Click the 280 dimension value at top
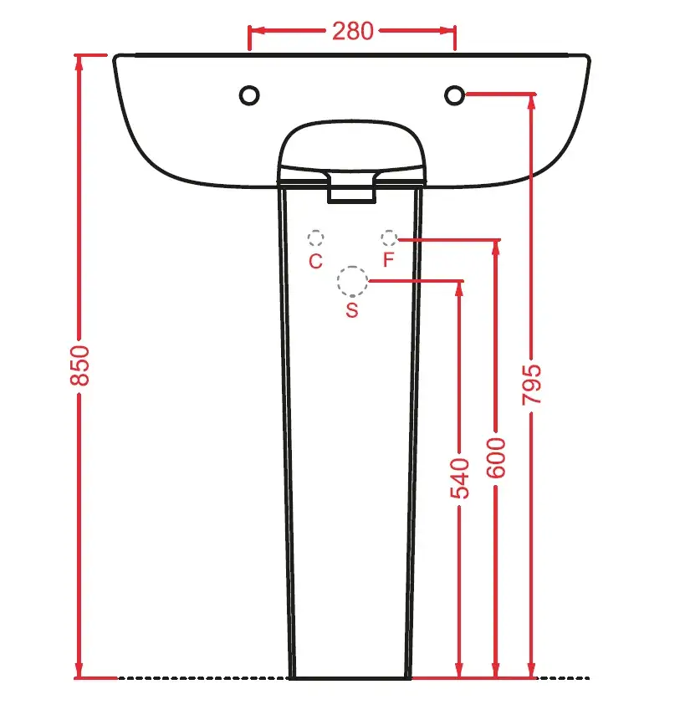[x=352, y=31]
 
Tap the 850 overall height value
[x=79, y=365]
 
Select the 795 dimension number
[x=532, y=385]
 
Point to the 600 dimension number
[x=496, y=457]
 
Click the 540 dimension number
[x=460, y=479]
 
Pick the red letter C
[x=315, y=261]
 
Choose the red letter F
[x=388, y=260]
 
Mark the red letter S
[x=352, y=310]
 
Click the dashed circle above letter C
[x=315, y=231]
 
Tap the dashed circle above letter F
[x=389, y=230]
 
